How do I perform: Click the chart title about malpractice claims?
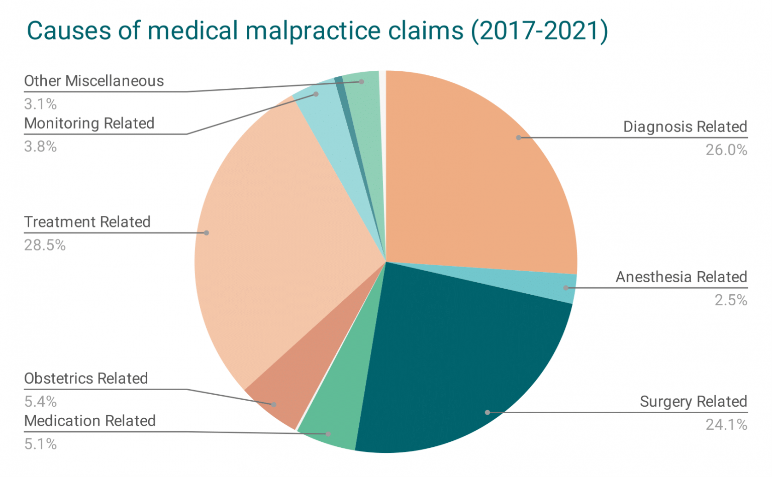317,31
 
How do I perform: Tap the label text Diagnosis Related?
685,127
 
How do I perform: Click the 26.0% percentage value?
726,150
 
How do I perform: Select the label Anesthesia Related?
681,277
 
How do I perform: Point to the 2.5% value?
731,300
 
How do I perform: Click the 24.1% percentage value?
726,425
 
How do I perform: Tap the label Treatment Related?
87,222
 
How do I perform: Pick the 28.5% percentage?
45,246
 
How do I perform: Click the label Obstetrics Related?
86,378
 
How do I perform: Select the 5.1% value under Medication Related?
41,444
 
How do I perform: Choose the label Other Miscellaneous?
94,81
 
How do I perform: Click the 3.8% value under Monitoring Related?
41,147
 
